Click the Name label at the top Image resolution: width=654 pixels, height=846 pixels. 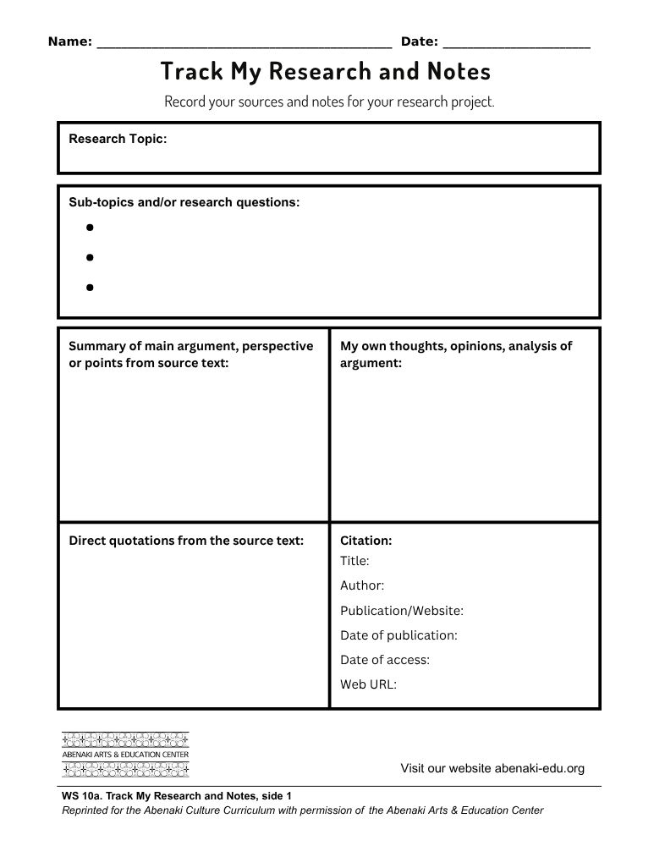69,41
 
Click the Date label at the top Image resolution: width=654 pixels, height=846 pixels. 419,41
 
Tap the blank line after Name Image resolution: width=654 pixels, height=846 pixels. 245,44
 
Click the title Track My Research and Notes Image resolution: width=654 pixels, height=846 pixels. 326,71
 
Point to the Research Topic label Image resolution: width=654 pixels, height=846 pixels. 118,139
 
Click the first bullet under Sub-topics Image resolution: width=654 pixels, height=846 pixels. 89,227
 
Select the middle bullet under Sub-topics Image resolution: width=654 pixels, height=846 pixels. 89,256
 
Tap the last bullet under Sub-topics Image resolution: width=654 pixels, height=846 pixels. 89,287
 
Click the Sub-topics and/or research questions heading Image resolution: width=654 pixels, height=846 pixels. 184,202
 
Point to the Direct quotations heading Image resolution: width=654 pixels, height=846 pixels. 186,541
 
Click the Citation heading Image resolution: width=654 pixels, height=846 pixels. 365,541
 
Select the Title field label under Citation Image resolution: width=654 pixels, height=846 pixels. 354,560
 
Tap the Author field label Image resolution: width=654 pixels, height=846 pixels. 362,585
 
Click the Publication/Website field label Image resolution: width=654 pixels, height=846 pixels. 402,611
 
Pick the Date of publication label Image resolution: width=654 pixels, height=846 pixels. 398,635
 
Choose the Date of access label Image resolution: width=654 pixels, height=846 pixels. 385,660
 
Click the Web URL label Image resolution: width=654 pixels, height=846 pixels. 368,684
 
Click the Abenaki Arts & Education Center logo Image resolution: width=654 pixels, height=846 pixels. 125,754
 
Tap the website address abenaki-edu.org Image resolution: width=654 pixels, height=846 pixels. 539,768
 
